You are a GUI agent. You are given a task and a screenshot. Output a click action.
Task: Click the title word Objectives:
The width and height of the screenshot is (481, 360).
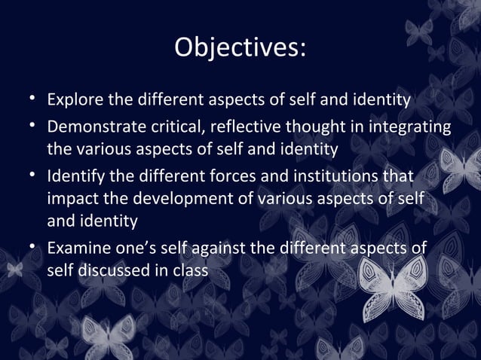click(x=240, y=48)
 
